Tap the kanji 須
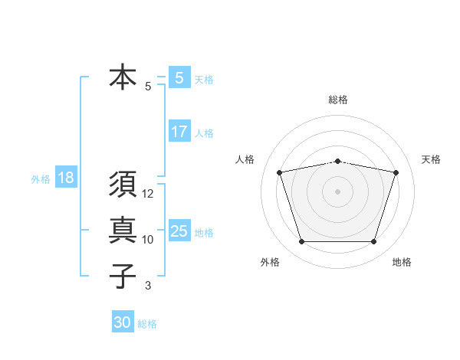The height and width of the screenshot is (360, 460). pyautogui.click(x=123, y=185)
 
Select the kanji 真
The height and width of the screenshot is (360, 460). pyautogui.click(x=123, y=230)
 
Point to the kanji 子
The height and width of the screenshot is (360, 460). pyautogui.click(x=123, y=275)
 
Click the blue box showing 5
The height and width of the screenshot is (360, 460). pyautogui.click(x=179, y=77)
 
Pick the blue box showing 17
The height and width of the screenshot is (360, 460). pyautogui.click(x=179, y=132)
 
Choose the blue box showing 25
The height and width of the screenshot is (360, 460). pyautogui.click(x=179, y=231)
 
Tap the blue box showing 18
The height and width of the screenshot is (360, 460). pyautogui.click(x=66, y=178)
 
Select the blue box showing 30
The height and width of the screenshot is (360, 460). pyautogui.click(x=122, y=322)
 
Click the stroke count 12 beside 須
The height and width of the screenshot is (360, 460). pyautogui.click(x=148, y=194)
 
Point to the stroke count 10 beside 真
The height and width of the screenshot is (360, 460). pyautogui.click(x=148, y=240)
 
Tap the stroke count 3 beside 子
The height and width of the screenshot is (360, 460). pyautogui.click(x=148, y=286)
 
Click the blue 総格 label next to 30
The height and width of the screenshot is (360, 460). pyautogui.click(x=147, y=324)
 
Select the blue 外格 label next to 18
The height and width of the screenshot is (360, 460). pyautogui.click(x=41, y=179)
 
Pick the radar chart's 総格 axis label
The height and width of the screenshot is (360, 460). pyautogui.click(x=337, y=100)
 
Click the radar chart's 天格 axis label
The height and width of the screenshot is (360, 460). pyautogui.click(x=432, y=159)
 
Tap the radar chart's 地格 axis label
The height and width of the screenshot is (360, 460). pyautogui.click(x=402, y=262)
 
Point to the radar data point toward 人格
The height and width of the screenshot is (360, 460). pyautogui.click(x=279, y=172)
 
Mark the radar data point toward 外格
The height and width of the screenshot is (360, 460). pyautogui.click(x=301, y=242)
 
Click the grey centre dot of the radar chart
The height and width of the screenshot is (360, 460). pyautogui.click(x=337, y=191)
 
